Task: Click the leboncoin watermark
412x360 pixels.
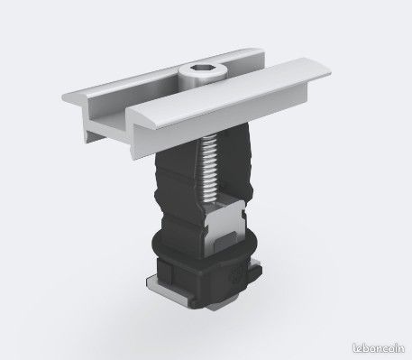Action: tap(379, 348)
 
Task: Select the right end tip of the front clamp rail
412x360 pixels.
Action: tap(330, 73)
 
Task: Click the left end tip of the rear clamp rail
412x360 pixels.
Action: tap(64, 97)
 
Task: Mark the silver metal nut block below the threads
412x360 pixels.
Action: tap(224, 226)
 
